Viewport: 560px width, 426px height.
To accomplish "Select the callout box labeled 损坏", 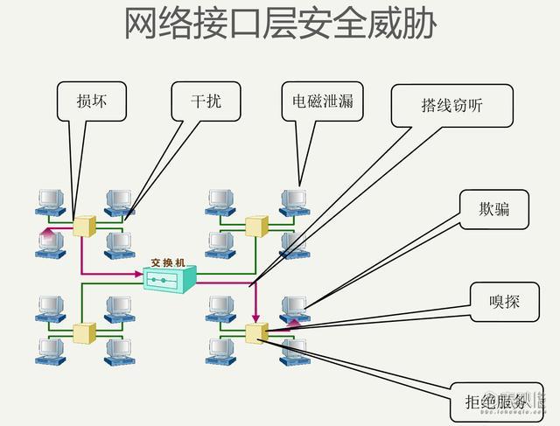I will [90, 101].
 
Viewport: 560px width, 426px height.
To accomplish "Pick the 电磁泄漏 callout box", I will [322, 101].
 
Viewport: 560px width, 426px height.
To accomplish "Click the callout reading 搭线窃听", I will [451, 106].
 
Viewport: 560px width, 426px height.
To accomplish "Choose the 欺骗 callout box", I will [493, 209].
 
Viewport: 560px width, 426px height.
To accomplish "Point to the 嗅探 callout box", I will [504, 303].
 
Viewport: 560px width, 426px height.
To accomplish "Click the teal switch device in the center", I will [170, 278].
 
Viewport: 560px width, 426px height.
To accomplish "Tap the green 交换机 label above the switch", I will [168, 262].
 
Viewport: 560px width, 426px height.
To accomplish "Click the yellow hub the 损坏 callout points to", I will [84, 227].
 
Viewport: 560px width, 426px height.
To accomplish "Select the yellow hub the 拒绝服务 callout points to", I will [255, 332].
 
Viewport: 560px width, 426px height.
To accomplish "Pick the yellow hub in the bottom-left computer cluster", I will [84, 332].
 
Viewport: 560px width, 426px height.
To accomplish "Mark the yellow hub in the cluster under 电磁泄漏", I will [255, 227].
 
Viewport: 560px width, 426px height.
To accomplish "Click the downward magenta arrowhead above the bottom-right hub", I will [255, 318].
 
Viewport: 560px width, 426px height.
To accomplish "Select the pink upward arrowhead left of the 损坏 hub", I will [45, 232].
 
